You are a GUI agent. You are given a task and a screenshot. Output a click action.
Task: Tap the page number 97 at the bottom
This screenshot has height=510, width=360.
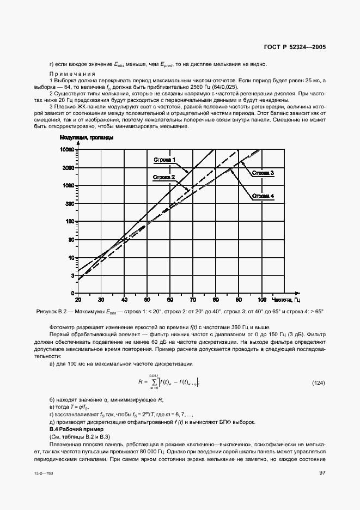(x=322, y=472)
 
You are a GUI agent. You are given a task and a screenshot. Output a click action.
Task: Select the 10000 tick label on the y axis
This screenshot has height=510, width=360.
(x=67, y=149)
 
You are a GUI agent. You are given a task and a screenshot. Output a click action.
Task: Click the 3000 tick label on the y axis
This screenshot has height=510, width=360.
(x=68, y=167)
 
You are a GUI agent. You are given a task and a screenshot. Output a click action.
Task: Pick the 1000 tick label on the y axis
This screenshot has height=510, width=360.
(x=68, y=185)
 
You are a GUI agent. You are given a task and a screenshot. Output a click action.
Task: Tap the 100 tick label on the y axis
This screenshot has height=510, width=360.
(x=69, y=221)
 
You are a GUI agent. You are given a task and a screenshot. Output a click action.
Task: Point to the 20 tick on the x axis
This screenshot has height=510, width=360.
(x=78, y=300)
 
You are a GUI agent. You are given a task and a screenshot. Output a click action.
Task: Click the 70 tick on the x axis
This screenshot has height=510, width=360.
(x=193, y=300)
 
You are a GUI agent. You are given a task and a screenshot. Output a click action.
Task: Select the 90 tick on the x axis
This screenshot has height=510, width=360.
(x=239, y=300)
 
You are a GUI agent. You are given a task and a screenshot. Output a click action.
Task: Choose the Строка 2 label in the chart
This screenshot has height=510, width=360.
(x=163, y=177)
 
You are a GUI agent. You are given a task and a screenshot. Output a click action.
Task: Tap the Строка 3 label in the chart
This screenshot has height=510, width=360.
(x=263, y=173)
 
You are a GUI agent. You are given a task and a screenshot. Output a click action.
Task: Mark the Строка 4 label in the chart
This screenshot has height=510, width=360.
(x=263, y=196)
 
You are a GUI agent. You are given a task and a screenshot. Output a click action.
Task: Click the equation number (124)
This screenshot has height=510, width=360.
(x=318, y=383)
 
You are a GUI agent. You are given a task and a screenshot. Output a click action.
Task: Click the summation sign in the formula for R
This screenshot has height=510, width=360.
(x=156, y=382)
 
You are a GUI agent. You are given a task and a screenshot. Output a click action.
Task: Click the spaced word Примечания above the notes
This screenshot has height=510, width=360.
(x=72, y=74)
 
